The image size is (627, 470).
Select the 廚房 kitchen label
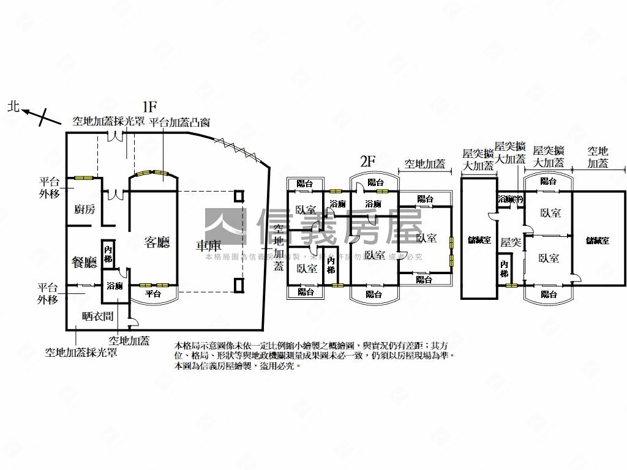[84, 209]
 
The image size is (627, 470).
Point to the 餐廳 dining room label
[84, 263]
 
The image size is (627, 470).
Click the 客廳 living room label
[157, 242]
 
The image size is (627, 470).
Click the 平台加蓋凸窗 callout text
[179, 121]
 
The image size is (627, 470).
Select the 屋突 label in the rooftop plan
[510, 243]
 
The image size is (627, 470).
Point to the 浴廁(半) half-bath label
[510, 200]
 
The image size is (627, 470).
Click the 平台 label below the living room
[154, 294]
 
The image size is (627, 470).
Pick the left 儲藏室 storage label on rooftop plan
[479, 241]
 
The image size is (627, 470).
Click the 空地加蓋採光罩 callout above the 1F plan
[108, 121]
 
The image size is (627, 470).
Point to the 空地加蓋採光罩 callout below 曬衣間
[81, 352]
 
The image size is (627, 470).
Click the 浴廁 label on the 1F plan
[115, 286]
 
